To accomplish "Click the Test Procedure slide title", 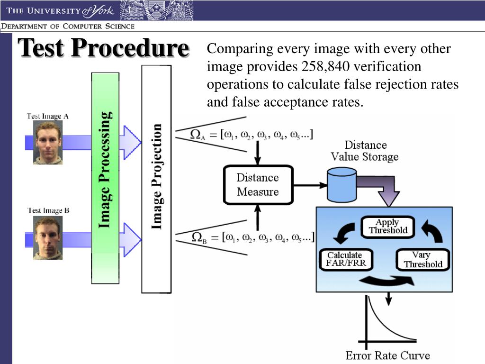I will coord(103,49).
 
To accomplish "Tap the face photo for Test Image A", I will coord(48,143).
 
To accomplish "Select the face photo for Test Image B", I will coord(48,238).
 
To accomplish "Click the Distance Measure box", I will coord(258,185).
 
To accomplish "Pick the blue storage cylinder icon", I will coord(341,185).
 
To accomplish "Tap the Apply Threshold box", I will coord(387,227).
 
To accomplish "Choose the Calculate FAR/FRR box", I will coord(345,259).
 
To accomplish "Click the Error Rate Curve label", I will coord(387,355).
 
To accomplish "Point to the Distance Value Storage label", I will coord(365,151).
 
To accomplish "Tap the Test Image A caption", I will coord(47,116).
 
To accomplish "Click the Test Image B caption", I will coord(48,210).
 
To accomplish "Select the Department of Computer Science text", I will coord(68,27).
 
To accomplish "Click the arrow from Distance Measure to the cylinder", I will coord(310,185).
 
